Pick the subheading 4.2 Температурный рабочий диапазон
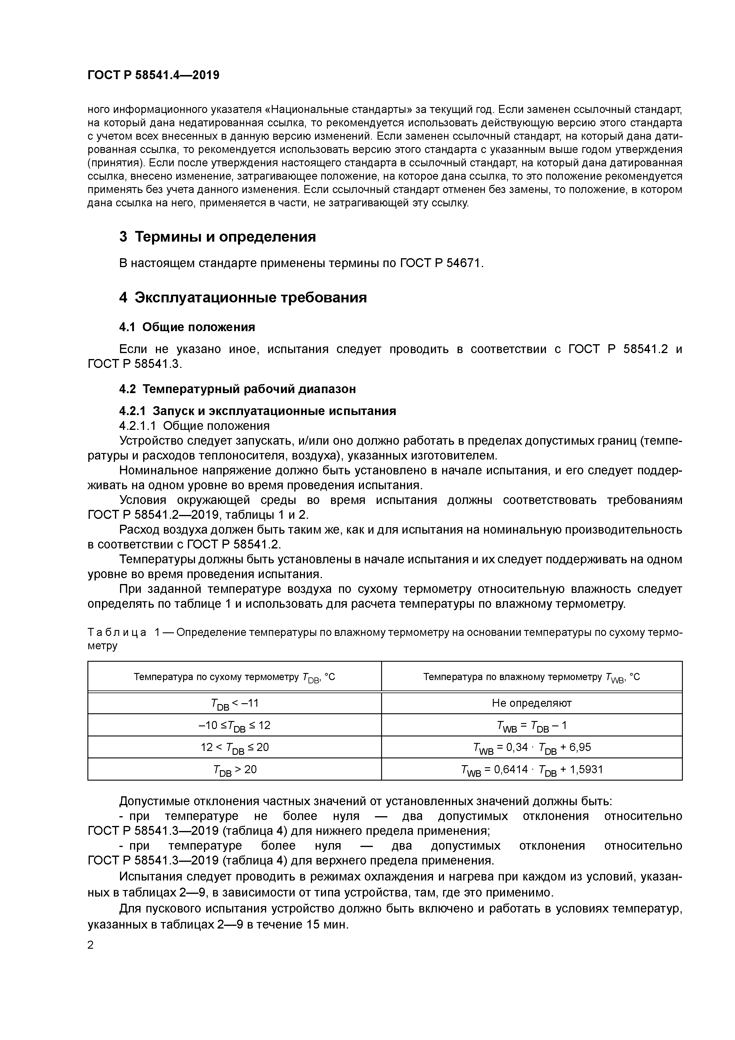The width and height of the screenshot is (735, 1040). [x=237, y=389]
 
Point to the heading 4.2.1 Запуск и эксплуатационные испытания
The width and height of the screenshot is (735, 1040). [x=257, y=411]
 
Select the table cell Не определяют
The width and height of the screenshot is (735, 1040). [x=532, y=703]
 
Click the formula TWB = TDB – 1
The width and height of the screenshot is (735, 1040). [x=532, y=726]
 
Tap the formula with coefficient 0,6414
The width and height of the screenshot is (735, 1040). [x=532, y=770]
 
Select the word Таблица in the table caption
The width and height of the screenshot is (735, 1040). [x=117, y=633]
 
